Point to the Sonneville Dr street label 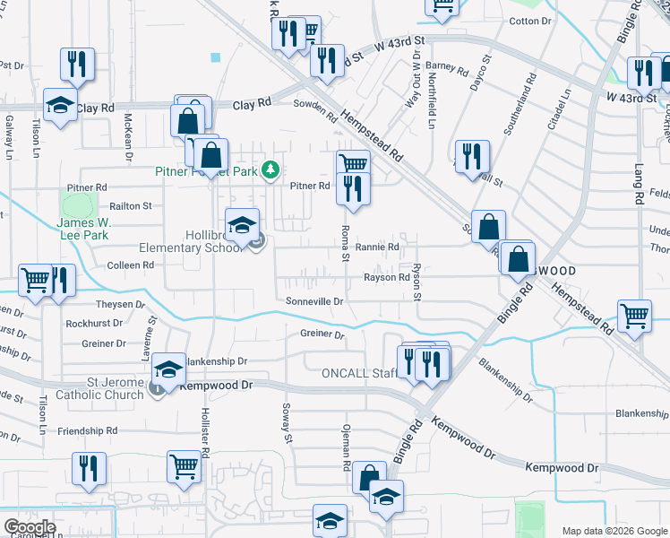[314, 302]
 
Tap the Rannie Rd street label [376, 247]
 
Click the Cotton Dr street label [529, 21]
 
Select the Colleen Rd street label [131, 265]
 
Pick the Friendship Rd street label [87, 431]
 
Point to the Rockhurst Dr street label [99, 324]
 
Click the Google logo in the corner [30, 527]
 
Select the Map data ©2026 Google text [614, 531]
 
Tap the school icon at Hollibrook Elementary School [242, 226]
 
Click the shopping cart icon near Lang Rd [634, 315]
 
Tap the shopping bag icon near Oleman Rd [369, 477]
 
